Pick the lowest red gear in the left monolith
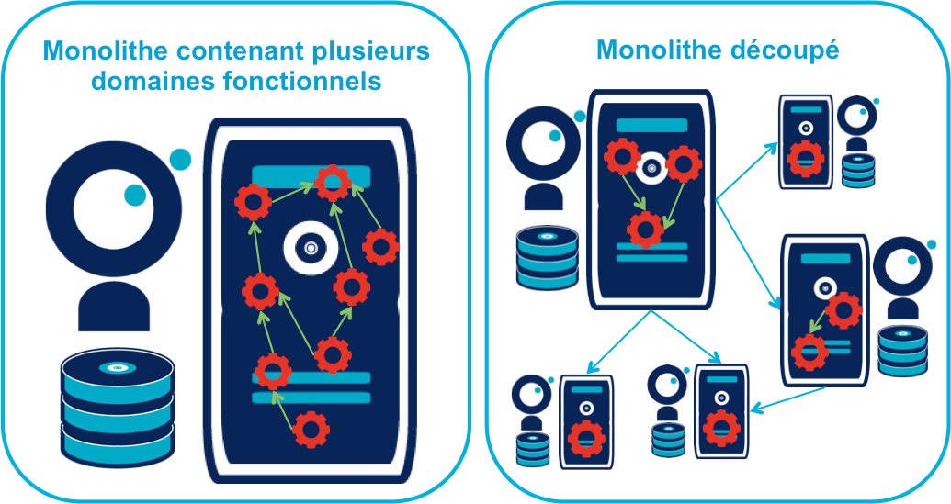pyautogui.click(x=312, y=428)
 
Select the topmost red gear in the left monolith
pyautogui.click(x=332, y=183)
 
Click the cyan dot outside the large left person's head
pyautogui.click(x=180, y=159)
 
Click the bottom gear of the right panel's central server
pyautogui.click(x=645, y=229)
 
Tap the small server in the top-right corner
pyautogui.click(x=806, y=142)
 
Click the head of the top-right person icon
pyautogui.click(x=856, y=115)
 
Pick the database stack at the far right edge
pyautogui.click(x=902, y=349)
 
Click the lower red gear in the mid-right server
pyautogui.click(x=809, y=350)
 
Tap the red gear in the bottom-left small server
pyautogui.click(x=584, y=438)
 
